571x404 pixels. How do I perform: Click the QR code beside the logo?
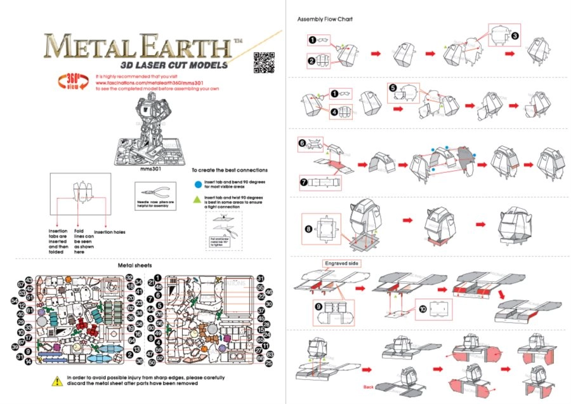(x=261, y=62)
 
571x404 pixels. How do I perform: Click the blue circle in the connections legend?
(x=198, y=184)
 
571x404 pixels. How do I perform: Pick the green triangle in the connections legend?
(x=198, y=199)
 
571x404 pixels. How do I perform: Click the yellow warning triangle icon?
(x=56, y=380)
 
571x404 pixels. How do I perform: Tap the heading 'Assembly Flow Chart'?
(x=325, y=19)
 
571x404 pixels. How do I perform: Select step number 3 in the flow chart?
(x=515, y=36)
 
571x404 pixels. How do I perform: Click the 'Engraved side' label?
(x=342, y=262)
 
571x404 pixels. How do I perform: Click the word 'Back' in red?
(x=369, y=386)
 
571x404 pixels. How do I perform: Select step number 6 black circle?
(x=303, y=143)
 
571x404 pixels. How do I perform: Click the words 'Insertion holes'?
(x=110, y=232)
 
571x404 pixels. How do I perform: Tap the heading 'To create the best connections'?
(x=229, y=170)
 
